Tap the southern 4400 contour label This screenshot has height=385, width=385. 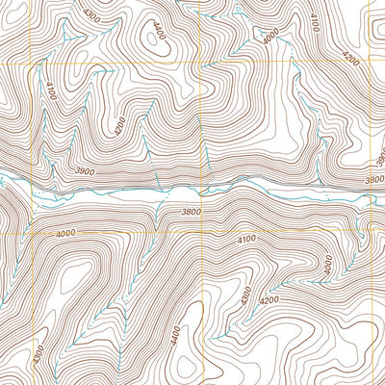[x=175, y=338]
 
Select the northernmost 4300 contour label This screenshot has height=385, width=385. [x=91, y=16]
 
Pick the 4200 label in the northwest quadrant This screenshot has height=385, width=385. [x=119, y=125]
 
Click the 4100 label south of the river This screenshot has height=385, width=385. [x=246, y=239]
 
